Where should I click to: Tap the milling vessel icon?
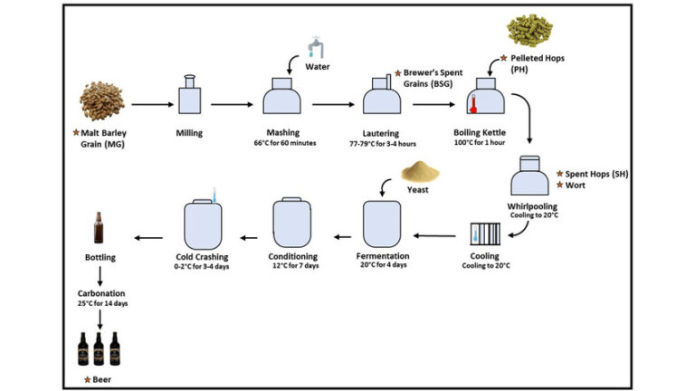tap(189, 96)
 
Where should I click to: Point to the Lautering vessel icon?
tap(381, 96)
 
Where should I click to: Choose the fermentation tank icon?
tap(381, 224)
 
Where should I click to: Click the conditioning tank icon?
tap(291, 223)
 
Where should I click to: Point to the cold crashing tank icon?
tap(205, 224)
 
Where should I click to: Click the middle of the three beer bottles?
tap(100, 348)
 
